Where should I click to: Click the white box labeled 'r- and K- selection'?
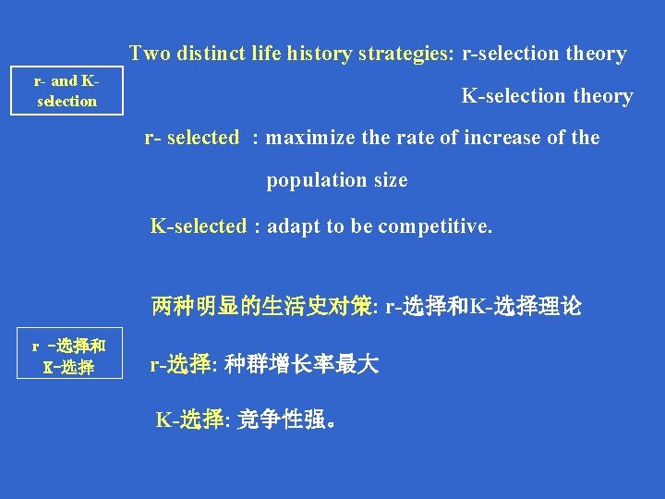66,91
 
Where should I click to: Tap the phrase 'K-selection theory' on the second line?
547,96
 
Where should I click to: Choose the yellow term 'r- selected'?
192,138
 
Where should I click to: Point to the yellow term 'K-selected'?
199,226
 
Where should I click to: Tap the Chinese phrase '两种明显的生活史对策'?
261,307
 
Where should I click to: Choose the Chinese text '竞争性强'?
282,420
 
